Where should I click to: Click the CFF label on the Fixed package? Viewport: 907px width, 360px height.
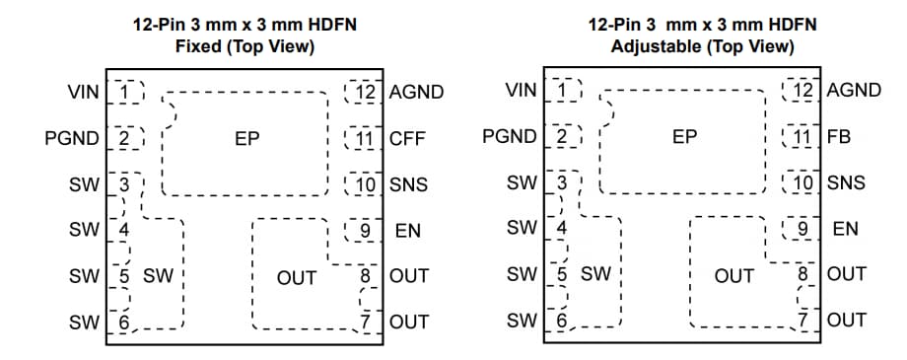click(x=407, y=138)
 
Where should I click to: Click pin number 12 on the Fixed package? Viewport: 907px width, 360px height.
click(x=367, y=93)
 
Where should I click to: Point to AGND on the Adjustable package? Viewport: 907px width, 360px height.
click(x=854, y=91)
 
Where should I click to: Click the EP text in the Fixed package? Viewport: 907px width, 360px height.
click(x=246, y=139)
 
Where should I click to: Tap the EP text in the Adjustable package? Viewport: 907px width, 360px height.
click(x=684, y=138)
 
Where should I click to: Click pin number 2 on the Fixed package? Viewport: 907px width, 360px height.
click(x=124, y=138)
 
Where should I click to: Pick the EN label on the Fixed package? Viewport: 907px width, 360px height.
click(x=407, y=231)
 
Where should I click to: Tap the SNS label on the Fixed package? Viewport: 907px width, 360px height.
click(x=408, y=183)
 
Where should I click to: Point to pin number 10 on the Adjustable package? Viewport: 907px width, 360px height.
click(x=804, y=183)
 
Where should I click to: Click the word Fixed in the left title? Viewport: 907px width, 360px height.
click(x=198, y=45)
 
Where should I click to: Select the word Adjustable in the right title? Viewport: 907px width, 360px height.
click(x=654, y=45)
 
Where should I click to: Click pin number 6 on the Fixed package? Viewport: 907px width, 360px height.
click(x=124, y=321)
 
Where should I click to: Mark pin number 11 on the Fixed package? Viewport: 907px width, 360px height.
click(x=367, y=138)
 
